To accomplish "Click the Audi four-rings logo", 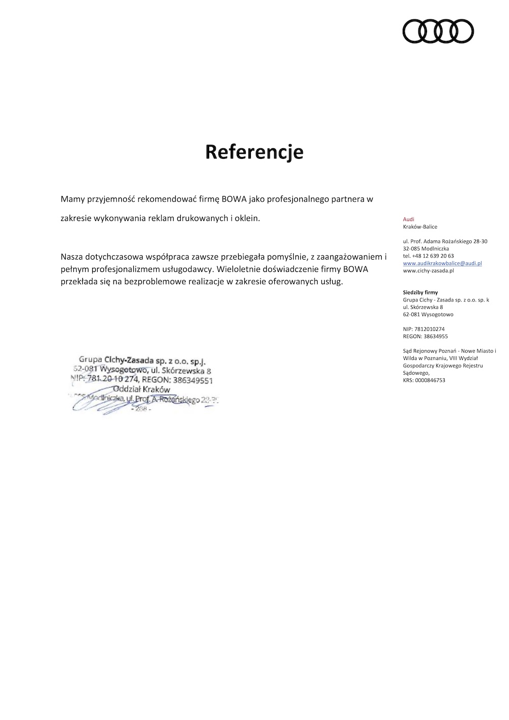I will click(x=438, y=31).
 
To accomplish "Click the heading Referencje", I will click(x=254, y=152).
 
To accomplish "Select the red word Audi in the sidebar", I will click(x=408, y=219).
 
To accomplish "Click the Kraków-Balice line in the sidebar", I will click(x=420, y=227).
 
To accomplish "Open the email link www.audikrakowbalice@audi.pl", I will click(x=442, y=263).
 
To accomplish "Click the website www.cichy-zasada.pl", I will click(x=428, y=270).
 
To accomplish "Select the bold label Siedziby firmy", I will click(x=420, y=293).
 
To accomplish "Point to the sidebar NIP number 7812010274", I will click(x=429, y=329).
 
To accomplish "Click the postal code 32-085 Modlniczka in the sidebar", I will click(x=426, y=248).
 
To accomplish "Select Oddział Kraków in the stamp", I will click(x=142, y=390).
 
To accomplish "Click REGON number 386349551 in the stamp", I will click(x=193, y=380).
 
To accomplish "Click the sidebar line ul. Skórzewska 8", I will click(x=422, y=307).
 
